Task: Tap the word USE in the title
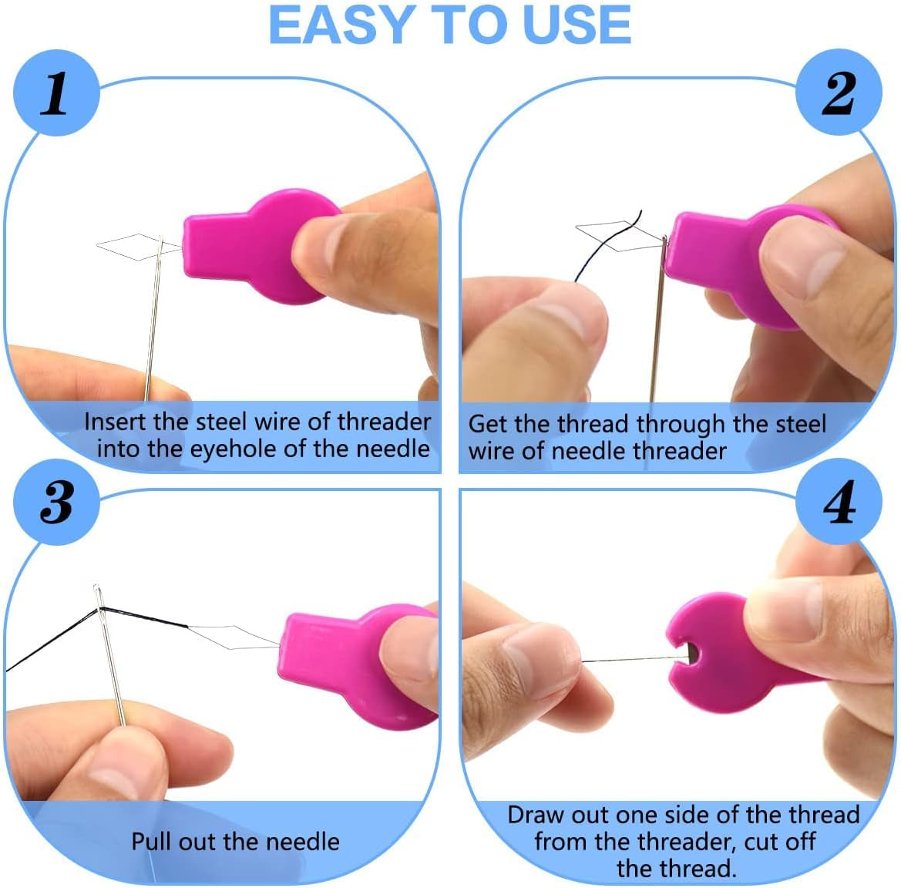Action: coord(577,25)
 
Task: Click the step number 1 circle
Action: coord(55,93)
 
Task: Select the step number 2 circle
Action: coord(839,93)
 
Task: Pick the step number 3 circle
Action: coord(55,502)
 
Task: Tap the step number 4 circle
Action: coord(839,503)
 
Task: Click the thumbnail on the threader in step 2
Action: coord(802,262)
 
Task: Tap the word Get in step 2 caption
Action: coord(487,423)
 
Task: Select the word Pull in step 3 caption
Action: coord(151,841)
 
